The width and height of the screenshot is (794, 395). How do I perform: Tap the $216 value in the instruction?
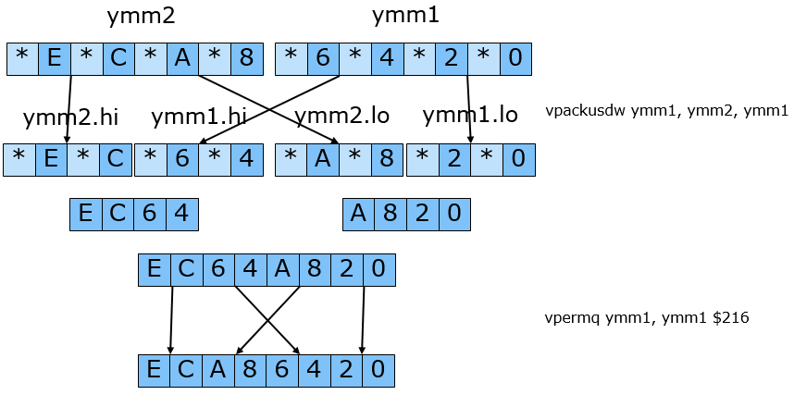pos(730,318)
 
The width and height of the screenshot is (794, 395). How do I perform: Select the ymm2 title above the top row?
pos(142,17)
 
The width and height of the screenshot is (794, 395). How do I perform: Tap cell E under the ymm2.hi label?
pos(52,159)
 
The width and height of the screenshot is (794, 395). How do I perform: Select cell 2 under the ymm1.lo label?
pos(453,159)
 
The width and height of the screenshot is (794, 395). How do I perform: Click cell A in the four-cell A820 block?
pos(357,215)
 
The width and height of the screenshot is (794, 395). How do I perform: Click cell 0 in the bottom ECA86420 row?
pos(378,370)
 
